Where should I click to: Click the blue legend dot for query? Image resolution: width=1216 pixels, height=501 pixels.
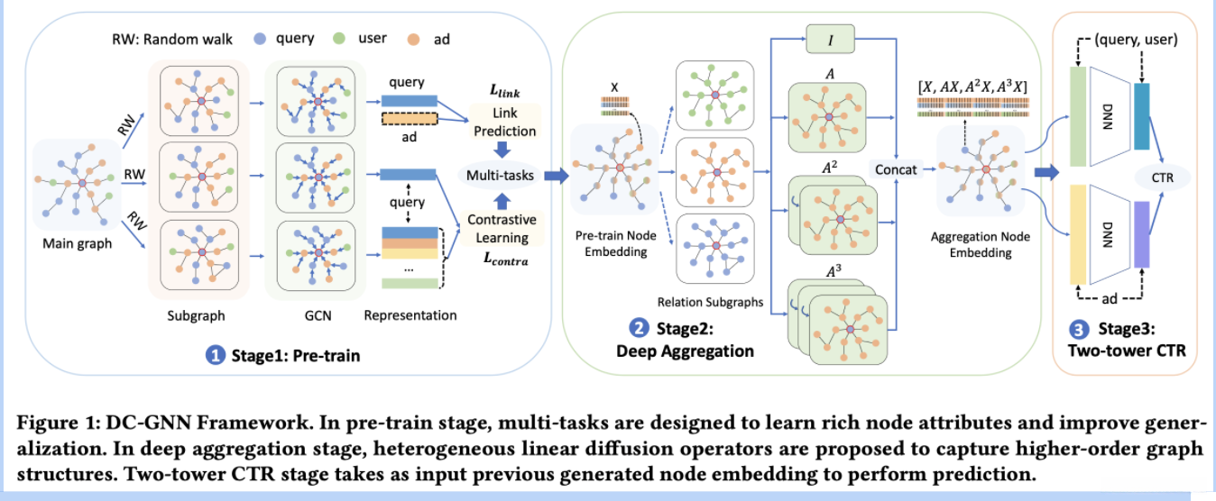[259, 39]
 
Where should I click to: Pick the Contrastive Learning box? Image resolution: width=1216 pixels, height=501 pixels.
[502, 229]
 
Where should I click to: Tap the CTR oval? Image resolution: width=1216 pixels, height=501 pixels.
[1163, 177]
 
